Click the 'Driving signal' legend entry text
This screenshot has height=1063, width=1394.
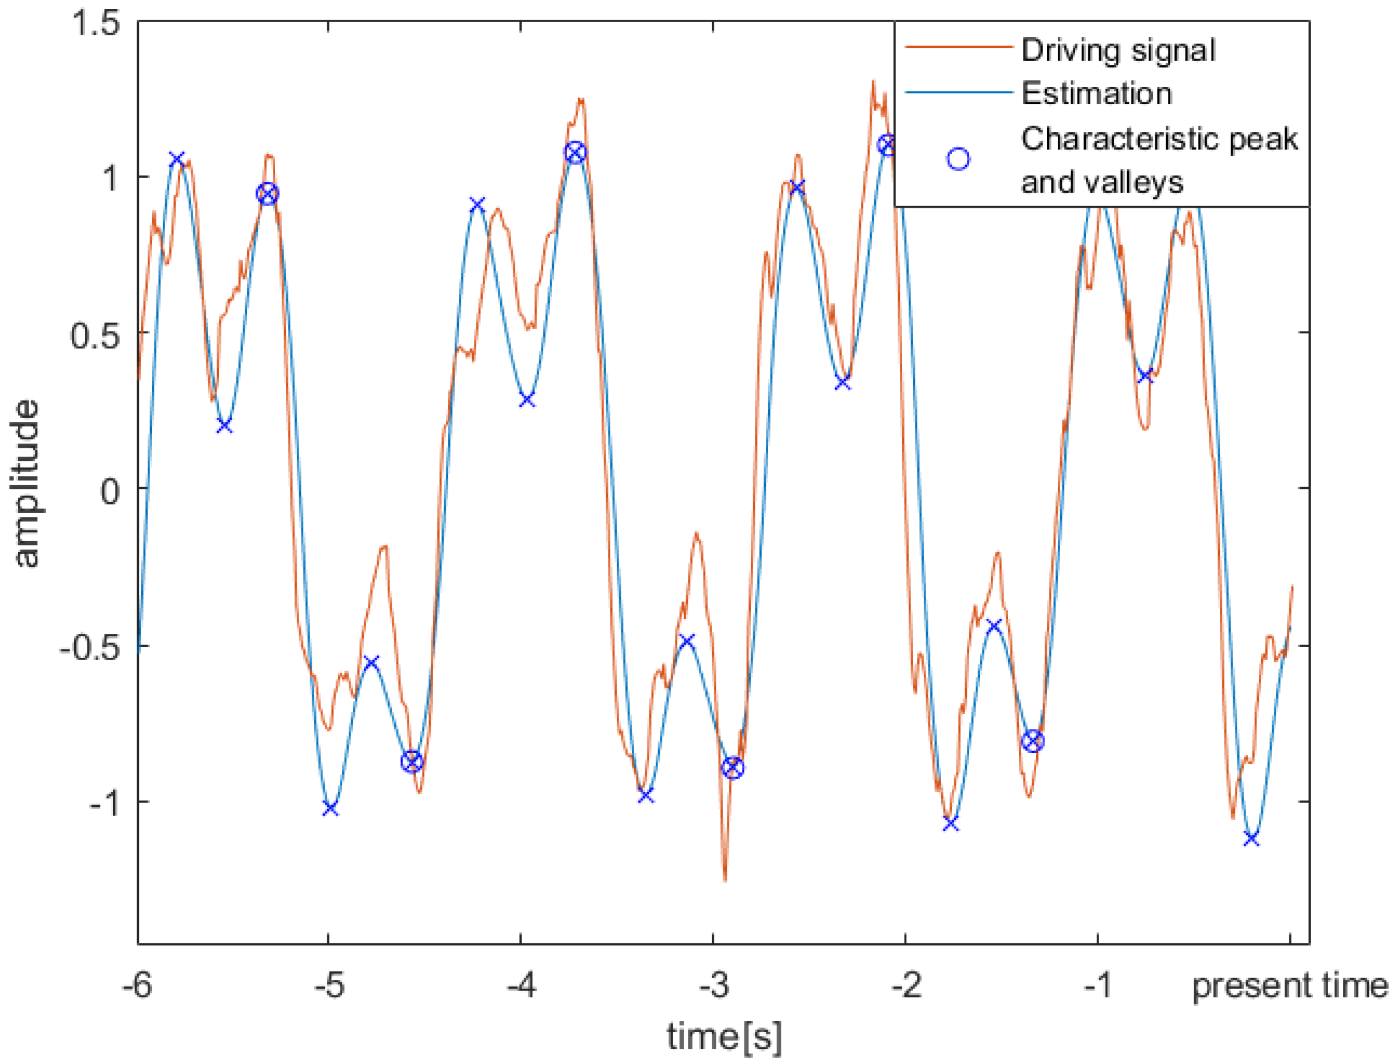(1118, 51)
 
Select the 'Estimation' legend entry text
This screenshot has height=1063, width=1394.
(1096, 93)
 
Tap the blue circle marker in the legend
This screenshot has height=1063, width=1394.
(958, 159)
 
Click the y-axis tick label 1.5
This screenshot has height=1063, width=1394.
(95, 23)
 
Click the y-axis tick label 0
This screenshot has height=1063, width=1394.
(110, 491)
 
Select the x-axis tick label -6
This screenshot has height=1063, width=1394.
(137, 985)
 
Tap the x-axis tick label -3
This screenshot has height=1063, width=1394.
(714, 985)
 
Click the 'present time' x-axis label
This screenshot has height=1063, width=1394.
(1290, 985)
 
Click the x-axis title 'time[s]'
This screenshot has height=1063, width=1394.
(724, 1037)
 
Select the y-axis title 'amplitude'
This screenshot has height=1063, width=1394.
(26, 484)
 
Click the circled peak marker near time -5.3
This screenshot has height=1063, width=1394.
(267, 193)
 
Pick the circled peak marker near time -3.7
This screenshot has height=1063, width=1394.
(575, 153)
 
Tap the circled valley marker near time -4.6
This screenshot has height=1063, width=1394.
(412, 761)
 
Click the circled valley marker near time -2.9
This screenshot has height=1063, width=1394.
(732, 768)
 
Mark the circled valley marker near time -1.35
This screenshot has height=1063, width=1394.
(1032, 740)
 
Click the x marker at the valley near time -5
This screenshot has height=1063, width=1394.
(330, 809)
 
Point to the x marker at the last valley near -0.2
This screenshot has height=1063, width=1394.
(1251, 839)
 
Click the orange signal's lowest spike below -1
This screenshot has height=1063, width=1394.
(725, 878)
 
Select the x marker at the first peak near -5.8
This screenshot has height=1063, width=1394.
(177, 159)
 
